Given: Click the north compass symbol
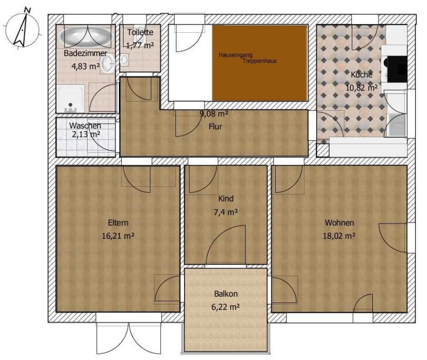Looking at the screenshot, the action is coord(23,29).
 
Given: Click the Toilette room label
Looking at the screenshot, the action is coord(140,32).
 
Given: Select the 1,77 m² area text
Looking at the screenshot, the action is coord(140,45).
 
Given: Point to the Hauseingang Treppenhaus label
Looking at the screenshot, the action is coord(247,58).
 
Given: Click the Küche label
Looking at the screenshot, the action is coord(361,75).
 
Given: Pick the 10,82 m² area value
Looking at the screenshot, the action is coord(361,88).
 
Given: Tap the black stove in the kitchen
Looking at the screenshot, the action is coord(397,69).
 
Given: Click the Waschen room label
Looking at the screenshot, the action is coord(85,126).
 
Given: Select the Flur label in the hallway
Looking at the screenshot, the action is coord(215,126).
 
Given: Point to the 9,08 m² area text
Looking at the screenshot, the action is coord(214,114).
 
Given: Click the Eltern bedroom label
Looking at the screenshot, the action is coord(118,223).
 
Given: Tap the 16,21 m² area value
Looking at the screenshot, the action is coord(118,236).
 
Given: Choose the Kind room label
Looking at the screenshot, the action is coord(226,198).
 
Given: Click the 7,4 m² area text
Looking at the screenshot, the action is coord(226,212).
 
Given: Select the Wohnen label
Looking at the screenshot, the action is coord(340,223).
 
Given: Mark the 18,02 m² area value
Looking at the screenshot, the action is coord(339,236).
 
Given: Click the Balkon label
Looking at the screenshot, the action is coord(226,294).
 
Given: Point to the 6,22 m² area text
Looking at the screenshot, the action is coord(226,307).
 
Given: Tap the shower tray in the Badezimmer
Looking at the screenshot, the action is coord(70,98).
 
